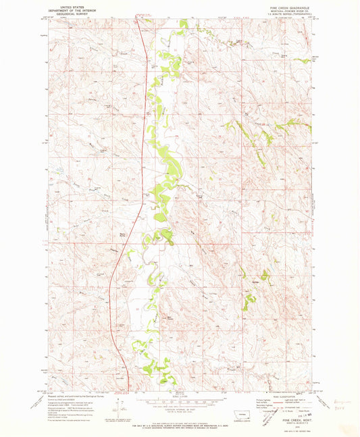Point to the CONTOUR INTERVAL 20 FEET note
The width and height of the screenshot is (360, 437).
pos(179,409)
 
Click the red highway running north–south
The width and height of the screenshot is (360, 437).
pos(144,135)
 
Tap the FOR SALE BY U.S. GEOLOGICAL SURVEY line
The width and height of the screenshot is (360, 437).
pos(179,421)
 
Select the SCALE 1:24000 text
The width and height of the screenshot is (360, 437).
pos(179,392)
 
